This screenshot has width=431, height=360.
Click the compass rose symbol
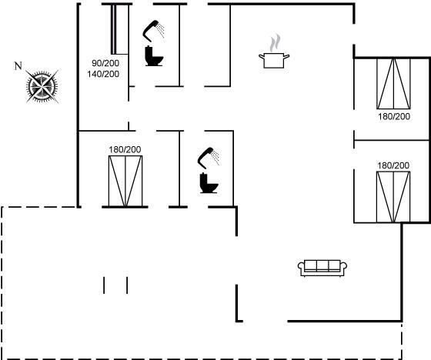pyautogui.click(x=42, y=86)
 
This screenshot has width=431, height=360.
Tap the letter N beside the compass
pyautogui.click(x=18, y=66)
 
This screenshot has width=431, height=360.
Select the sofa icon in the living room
pyautogui.click(x=322, y=268)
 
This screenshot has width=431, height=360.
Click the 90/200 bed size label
pyautogui.click(x=105, y=63)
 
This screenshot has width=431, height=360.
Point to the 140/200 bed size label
pyautogui.click(x=103, y=74)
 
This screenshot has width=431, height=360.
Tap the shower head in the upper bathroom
pyautogui.click(x=153, y=30)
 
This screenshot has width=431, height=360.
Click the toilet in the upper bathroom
pyautogui.click(x=154, y=56)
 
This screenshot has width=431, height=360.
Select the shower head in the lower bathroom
pyautogui.click(x=209, y=158)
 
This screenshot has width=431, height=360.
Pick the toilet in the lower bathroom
pyautogui.click(x=209, y=183)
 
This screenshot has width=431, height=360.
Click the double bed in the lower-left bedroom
pyautogui.click(x=125, y=181)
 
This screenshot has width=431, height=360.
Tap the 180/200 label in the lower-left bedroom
pyautogui.click(x=125, y=149)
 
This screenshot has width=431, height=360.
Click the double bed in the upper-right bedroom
pyautogui.click(x=393, y=84)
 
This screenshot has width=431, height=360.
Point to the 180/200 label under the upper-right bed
pyautogui.click(x=394, y=116)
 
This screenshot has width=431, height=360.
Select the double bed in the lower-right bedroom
pyautogui.click(x=393, y=197)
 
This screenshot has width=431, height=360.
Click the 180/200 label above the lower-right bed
pyautogui.click(x=393, y=165)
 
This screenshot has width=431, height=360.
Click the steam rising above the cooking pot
pyautogui.click(x=276, y=43)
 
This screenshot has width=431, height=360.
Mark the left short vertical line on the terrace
pyautogui.click(x=104, y=285)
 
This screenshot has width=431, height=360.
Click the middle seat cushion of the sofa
pyautogui.click(x=322, y=265)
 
